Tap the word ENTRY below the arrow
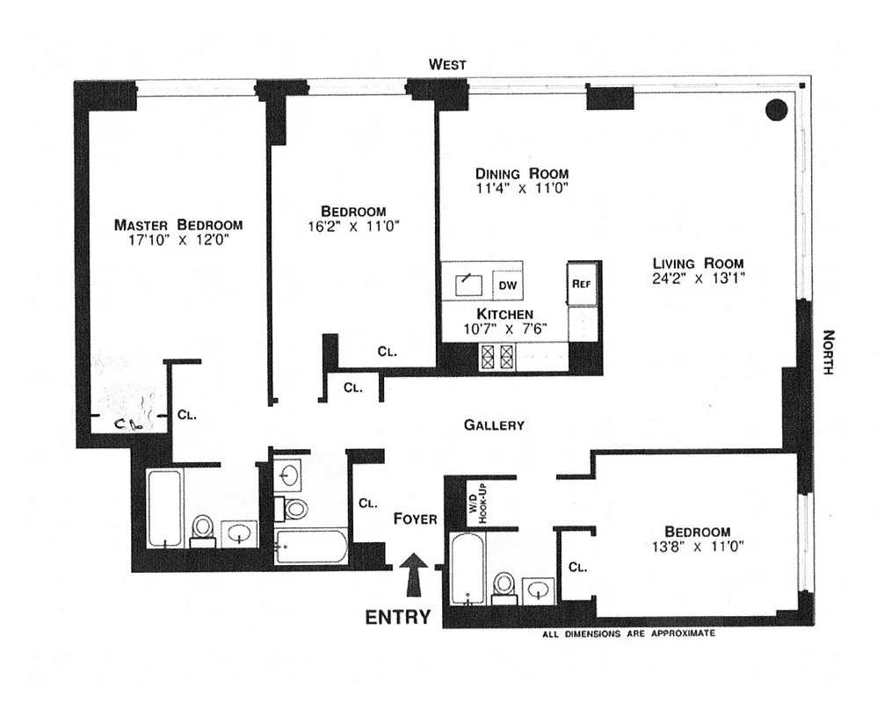[398, 617]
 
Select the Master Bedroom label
[178, 224]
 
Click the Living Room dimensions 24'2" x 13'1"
[698, 279]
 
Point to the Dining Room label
[522, 173]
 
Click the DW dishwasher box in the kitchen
[507, 286]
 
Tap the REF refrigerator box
[581, 284]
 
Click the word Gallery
[494, 425]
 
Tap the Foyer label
[415, 518]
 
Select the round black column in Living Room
[775, 110]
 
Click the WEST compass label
[447, 64]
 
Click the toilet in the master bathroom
[203, 529]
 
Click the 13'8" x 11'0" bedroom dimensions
[697, 547]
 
